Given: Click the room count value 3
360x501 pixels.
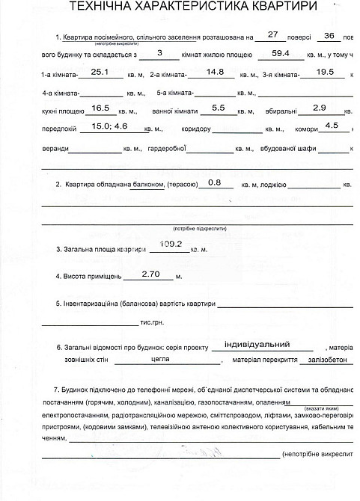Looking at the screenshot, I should pos(161,52).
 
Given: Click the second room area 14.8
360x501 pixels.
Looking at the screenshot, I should pos(215,73).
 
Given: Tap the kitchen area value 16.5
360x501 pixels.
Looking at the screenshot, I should pos(100,108).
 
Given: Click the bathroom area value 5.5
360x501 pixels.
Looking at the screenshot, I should pos(219,108).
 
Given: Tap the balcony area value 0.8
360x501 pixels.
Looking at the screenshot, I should pos(215,182).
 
